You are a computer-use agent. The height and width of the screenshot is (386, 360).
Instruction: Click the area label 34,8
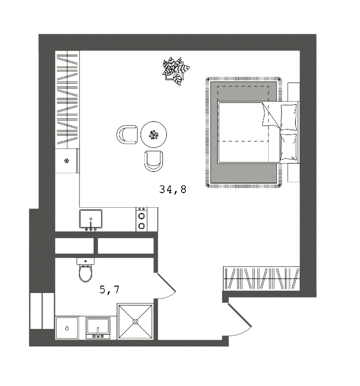(x=173, y=189)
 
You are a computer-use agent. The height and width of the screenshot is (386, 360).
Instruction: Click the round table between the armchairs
(x=154, y=135)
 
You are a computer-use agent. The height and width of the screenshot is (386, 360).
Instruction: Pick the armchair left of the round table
(x=127, y=135)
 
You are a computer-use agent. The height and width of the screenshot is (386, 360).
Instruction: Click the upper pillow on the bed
(x=288, y=117)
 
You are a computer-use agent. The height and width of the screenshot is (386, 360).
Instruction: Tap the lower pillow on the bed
(x=288, y=147)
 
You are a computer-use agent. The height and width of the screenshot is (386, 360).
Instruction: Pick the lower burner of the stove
(x=142, y=225)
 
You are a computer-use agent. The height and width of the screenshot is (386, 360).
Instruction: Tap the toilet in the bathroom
(x=85, y=272)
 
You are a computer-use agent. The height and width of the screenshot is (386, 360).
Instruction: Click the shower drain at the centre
(x=135, y=321)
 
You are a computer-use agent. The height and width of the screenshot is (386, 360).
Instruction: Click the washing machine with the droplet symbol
(x=67, y=328)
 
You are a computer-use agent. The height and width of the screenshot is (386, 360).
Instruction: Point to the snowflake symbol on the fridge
(x=67, y=161)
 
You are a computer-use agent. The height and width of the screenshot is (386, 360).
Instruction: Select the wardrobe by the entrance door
(x=262, y=278)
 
